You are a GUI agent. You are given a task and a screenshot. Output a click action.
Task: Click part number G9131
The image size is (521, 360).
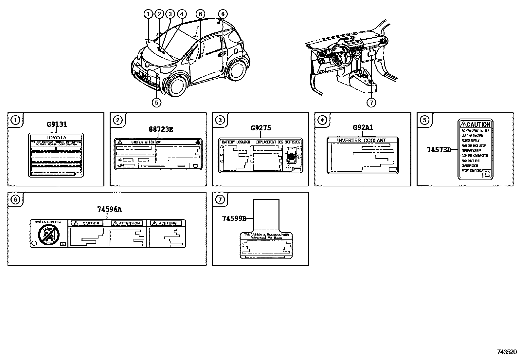pyautogui.click(x=57, y=124)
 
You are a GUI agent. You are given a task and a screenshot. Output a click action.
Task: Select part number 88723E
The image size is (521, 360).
pyautogui.click(x=161, y=129)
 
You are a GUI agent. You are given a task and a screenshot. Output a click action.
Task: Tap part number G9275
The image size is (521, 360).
pyautogui.click(x=260, y=128)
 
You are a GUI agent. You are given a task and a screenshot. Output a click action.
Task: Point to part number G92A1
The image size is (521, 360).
pyautogui.click(x=363, y=127)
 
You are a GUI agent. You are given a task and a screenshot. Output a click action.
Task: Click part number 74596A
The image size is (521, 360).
pyautogui.click(x=107, y=209)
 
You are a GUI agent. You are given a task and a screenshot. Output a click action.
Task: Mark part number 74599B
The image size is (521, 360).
pyautogui.click(x=234, y=218)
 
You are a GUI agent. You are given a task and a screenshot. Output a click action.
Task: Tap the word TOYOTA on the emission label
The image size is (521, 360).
pyautogui.click(x=56, y=138)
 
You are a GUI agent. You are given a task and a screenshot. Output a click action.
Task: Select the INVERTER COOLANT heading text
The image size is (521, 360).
pyautogui.click(x=362, y=141)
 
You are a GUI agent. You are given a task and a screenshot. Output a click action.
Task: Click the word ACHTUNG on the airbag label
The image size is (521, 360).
pyautogui.click(x=168, y=223)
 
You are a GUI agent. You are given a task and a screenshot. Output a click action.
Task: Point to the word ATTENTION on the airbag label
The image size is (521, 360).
pyautogui.click(x=129, y=223)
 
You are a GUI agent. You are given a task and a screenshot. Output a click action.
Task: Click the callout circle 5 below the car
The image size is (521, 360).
pyautogui.click(x=156, y=103)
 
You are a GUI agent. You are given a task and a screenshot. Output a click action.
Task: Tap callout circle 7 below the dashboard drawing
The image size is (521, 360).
pyautogui.click(x=371, y=103)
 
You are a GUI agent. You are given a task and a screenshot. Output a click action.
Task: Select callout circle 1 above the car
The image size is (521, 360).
pyautogui.click(x=148, y=14)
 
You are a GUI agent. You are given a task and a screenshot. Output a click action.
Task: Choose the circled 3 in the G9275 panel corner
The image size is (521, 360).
pyautogui.click(x=220, y=120)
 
